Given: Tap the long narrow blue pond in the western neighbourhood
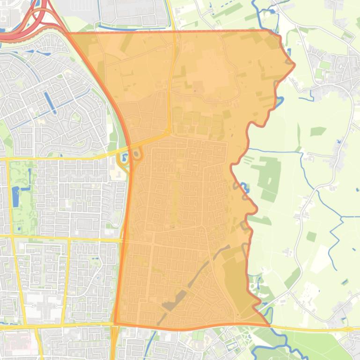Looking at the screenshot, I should pyautogui.click(x=50, y=103).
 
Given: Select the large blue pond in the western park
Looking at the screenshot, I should pyautogui.click(x=16, y=196).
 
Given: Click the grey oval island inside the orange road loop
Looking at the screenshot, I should pyautogui.click(x=136, y=154).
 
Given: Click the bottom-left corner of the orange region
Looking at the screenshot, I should pyautogui.click(x=115, y=323).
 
